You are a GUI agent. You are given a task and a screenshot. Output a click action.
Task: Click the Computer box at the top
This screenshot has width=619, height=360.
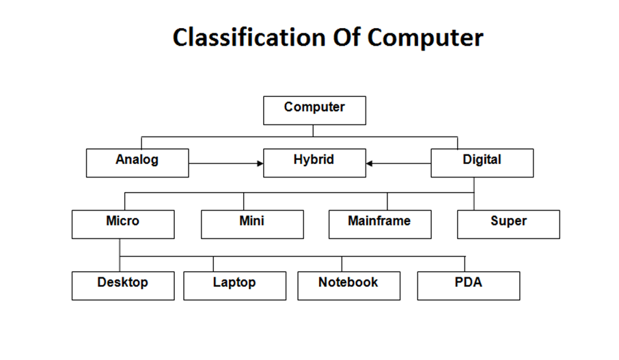click(x=314, y=110)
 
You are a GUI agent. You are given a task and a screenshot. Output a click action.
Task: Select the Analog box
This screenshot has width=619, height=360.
click(x=137, y=163)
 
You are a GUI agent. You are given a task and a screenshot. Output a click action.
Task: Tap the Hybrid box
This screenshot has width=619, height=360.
click(x=314, y=163)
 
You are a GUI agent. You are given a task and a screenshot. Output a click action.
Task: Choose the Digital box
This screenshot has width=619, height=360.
click(x=482, y=163)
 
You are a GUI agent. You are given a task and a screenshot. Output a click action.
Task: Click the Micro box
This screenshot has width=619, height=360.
click(x=123, y=224)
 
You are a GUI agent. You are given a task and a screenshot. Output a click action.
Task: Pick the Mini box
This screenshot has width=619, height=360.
click(x=252, y=224)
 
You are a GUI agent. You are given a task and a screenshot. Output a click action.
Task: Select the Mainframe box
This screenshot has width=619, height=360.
click(x=380, y=224)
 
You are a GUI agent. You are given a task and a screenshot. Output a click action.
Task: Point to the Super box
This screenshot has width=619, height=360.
click(x=508, y=224)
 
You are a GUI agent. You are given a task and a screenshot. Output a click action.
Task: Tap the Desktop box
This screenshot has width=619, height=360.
click(x=123, y=286)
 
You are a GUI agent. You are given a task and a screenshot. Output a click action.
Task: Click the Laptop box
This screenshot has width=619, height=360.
click(x=234, y=286)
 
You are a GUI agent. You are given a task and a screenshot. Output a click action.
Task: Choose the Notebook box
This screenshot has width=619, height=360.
click(x=348, y=286)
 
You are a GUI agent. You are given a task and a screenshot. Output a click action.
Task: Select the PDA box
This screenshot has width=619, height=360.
click(x=469, y=286)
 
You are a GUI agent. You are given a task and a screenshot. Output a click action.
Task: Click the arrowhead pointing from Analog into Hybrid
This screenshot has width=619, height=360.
click(x=260, y=163)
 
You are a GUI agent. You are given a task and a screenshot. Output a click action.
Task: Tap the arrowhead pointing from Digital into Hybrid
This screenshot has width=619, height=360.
click(x=370, y=163)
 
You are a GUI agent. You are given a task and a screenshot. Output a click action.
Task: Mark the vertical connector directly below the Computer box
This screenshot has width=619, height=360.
click(x=314, y=130)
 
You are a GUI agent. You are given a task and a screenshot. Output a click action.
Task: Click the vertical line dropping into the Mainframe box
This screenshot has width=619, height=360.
click(x=387, y=202)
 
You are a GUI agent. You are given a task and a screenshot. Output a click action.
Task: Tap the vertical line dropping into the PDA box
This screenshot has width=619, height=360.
click(x=465, y=264)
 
